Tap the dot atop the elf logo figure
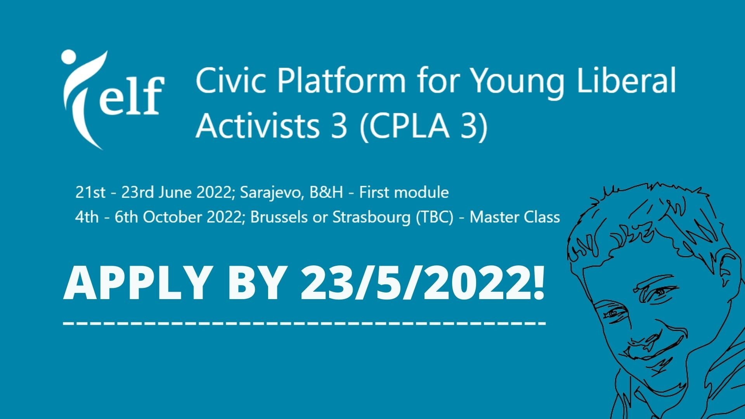click(x=68, y=57)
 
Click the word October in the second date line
click(x=172, y=217)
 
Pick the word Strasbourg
click(x=371, y=218)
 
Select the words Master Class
click(x=515, y=217)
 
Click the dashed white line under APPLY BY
click(x=305, y=323)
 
